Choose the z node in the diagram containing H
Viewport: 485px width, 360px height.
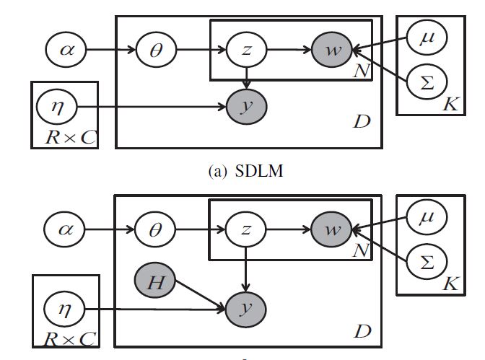coord(247,231)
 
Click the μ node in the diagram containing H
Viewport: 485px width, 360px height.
coord(427,215)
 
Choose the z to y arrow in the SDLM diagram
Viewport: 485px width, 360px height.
coord(247,78)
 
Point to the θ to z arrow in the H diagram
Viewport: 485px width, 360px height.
coord(201,231)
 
